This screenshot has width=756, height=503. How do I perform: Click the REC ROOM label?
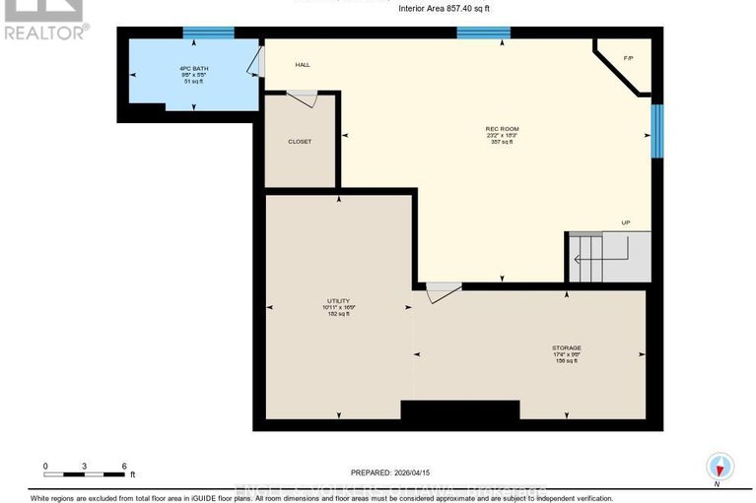[x=502, y=129]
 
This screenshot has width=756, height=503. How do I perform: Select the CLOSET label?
[x=300, y=142]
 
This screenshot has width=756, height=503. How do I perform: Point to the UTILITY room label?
[x=338, y=301]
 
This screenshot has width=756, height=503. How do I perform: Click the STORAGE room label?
[x=566, y=347]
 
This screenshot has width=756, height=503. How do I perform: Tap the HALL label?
[x=303, y=65]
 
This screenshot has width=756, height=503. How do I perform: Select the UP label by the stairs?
[x=625, y=222]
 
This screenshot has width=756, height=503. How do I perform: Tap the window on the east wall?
[x=657, y=129]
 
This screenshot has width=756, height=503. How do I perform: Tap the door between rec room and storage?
[x=443, y=291]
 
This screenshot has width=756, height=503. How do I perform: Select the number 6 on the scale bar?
[x=123, y=467]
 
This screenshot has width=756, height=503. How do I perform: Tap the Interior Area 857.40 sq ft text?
[x=443, y=9]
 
